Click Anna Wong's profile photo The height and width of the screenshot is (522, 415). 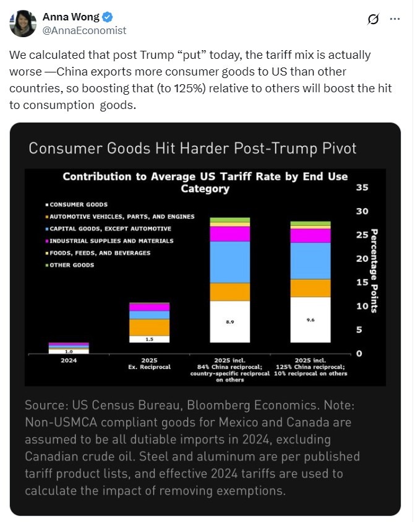[23, 24]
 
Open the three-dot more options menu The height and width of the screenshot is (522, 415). [395, 19]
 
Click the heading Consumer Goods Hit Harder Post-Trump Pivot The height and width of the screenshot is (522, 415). [192, 149]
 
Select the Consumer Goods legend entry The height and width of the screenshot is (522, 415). [79, 204]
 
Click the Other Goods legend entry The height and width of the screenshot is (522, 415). [72, 265]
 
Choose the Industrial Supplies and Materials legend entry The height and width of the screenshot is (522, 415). [111, 241]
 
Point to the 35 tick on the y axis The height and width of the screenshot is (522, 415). [362, 188]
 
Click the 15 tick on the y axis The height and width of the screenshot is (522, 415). [362, 282]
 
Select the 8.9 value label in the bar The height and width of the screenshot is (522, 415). [229, 323]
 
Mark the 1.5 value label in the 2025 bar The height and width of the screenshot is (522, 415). [149, 339]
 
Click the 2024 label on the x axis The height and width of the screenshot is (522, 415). [69, 360]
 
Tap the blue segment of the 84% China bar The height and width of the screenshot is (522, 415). [229, 262]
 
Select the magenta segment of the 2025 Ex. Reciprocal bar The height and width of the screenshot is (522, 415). [149, 307]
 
